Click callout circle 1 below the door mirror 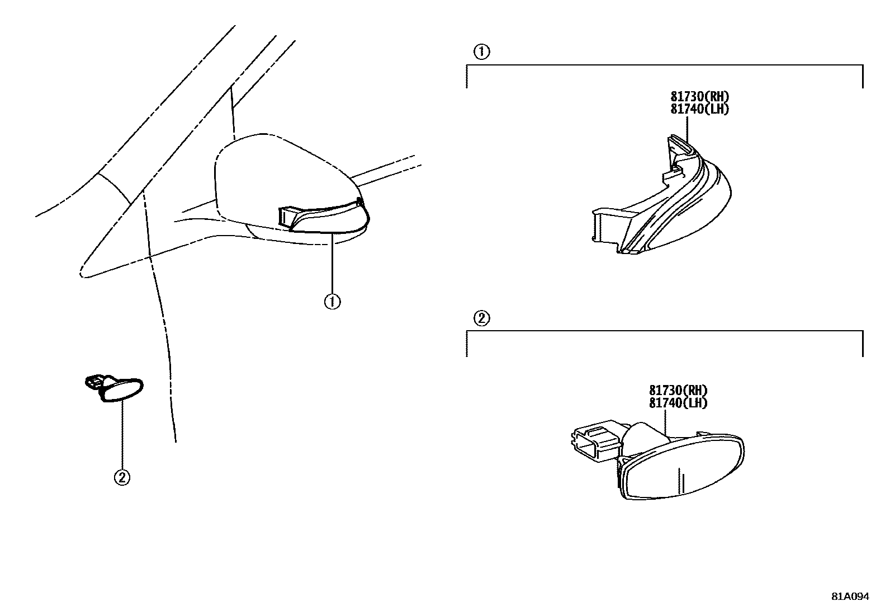(x=332, y=302)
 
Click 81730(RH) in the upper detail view (x=700, y=97)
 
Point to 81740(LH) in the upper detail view (x=700, y=109)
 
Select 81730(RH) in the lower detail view (x=679, y=391)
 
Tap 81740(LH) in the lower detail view (x=679, y=402)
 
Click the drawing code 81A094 (x=850, y=597)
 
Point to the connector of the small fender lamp (x=93, y=382)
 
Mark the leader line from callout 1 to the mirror (x=332, y=263)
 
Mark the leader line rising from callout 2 (x=122, y=436)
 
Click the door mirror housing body (x=268, y=173)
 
